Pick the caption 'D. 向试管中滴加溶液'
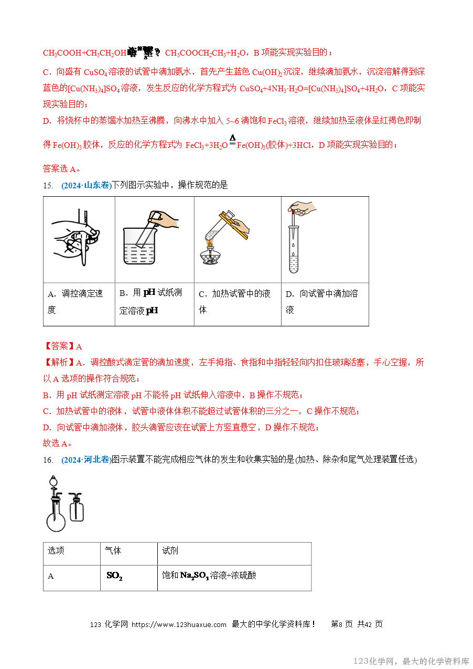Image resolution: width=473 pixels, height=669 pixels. [x=322, y=302]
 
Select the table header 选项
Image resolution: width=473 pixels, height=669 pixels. [x=56, y=550]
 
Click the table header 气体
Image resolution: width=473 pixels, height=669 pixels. [x=113, y=550]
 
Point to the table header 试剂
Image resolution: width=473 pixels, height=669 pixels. [x=170, y=550]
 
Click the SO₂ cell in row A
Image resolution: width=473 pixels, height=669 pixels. [x=114, y=576]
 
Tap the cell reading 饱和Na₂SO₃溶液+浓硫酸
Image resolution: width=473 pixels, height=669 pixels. [x=209, y=576]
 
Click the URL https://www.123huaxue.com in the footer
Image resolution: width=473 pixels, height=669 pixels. [x=179, y=624]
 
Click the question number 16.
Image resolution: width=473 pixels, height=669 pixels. [x=48, y=460]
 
